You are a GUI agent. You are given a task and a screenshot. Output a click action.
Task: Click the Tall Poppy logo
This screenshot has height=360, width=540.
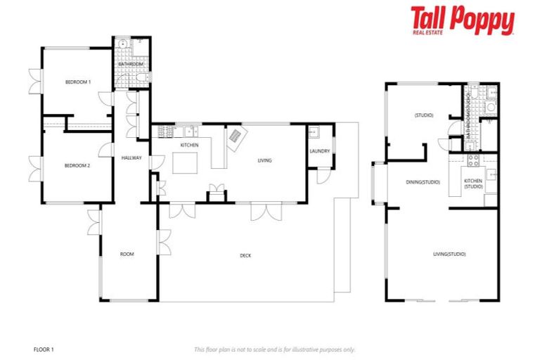click(462, 21)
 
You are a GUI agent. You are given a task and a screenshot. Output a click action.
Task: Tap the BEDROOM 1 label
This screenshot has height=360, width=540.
click(78, 82)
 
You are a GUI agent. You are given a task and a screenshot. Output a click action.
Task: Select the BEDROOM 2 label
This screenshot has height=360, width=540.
click(78, 165)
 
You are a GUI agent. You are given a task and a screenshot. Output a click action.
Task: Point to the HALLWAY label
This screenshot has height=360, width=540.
click(131, 157)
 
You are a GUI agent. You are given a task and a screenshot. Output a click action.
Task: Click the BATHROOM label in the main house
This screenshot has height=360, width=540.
click(131, 64)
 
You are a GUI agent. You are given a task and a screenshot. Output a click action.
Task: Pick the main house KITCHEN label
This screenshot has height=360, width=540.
click(189, 145)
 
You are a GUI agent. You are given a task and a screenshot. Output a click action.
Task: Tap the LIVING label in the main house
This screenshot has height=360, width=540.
click(264, 160)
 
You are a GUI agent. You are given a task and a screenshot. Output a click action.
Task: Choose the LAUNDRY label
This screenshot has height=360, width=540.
click(320, 150)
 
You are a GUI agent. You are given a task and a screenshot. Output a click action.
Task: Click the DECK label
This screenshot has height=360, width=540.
click(245, 255)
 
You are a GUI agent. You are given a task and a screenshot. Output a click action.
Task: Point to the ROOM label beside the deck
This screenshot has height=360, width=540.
click(127, 254)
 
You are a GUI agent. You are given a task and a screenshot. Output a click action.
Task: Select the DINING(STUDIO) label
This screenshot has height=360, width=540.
click(423, 182)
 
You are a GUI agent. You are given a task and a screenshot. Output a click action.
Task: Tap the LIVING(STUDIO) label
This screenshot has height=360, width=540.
click(449, 254)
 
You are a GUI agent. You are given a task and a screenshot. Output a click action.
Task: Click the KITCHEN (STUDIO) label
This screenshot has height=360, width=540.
click(473, 184)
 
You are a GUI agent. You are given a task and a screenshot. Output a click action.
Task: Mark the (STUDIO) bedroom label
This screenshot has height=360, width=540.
click(423, 115)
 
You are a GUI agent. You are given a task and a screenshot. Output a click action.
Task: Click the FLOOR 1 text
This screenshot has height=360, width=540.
click(44, 349)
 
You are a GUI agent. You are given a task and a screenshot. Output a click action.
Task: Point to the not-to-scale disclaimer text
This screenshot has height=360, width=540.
click(274, 349)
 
